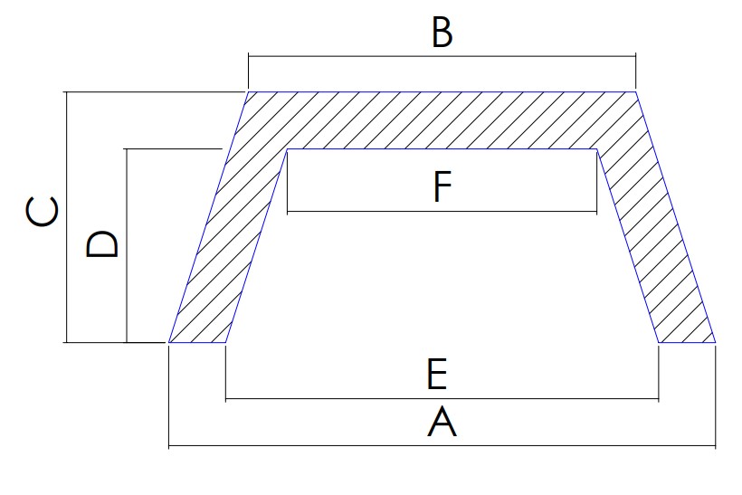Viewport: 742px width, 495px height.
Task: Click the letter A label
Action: tap(442, 422)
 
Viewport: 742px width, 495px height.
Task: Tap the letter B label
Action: tap(442, 33)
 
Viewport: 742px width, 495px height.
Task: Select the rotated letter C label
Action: tap(43, 211)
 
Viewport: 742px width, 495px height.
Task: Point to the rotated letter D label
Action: tap(101, 243)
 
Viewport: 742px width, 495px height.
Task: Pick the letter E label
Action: tap(437, 374)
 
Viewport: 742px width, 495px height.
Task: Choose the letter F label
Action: tap(442, 186)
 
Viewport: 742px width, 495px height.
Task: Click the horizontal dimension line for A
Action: tap(442, 446)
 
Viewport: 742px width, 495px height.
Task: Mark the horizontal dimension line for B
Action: tap(442, 56)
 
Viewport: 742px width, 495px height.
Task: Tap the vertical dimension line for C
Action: tap(67, 217)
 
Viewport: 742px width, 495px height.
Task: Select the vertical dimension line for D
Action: tap(127, 245)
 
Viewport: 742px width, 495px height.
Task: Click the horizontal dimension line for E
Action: tap(442, 399)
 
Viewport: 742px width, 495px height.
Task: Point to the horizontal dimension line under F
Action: tap(442, 211)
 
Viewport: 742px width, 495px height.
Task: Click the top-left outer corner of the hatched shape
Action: tap(248, 91)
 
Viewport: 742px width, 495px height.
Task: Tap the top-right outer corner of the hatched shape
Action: tap(636, 91)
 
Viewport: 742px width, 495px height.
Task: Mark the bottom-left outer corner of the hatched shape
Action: tap(169, 342)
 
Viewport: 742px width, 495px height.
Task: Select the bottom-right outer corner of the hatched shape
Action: tap(716, 342)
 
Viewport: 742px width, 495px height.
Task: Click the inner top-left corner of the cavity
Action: tap(287, 149)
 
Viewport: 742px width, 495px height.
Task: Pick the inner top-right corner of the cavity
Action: tap(596, 149)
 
